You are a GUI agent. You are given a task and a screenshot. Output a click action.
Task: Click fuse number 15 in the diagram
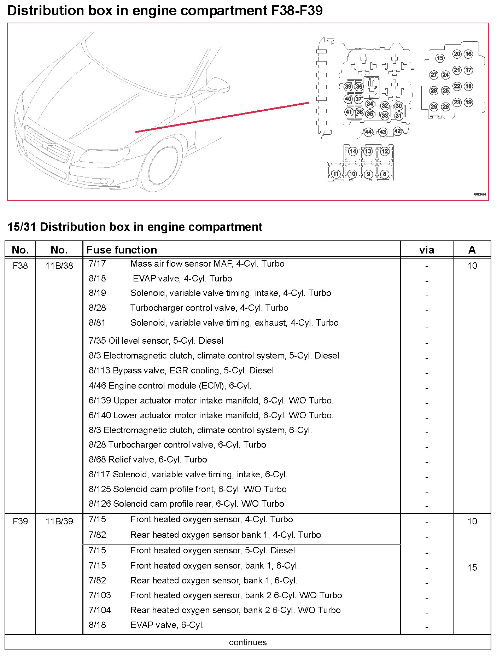click(x=440, y=58)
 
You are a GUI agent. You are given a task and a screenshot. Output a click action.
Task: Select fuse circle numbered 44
click(x=368, y=132)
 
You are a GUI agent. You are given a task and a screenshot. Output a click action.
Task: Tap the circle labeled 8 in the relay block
click(x=385, y=174)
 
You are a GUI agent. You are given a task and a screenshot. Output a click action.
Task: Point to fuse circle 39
click(x=348, y=87)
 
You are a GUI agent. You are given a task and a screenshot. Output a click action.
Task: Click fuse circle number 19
click(x=468, y=103)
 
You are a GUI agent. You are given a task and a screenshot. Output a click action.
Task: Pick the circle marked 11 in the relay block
click(x=336, y=174)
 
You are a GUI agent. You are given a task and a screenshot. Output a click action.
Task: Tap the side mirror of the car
click(x=217, y=85)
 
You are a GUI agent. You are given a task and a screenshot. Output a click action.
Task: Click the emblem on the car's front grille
click(x=45, y=145)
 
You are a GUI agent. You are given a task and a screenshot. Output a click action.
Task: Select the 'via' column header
click(x=426, y=250)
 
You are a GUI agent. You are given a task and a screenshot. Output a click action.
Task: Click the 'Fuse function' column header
click(x=122, y=250)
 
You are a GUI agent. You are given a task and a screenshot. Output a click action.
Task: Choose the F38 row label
click(x=20, y=266)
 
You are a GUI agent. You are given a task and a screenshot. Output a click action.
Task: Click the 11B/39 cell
click(x=59, y=521)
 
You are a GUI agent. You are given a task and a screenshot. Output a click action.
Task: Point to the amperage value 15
click(x=472, y=567)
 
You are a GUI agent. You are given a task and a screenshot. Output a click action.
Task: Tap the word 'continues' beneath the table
click(x=248, y=642)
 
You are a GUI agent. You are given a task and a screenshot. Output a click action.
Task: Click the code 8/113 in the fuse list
click(x=99, y=371)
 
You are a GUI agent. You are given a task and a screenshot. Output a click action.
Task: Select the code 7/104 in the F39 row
click(x=100, y=610)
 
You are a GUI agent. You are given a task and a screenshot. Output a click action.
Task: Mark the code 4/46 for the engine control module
click(x=97, y=385)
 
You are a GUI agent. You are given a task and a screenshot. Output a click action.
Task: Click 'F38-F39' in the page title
click(x=297, y=11)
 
